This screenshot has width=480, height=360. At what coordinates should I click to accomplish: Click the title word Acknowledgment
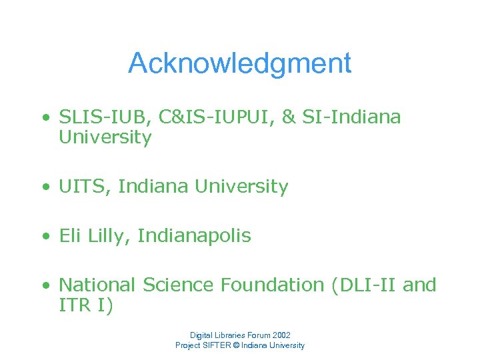(x=239, y=63)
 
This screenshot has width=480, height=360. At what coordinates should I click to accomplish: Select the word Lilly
(x=107, y=236)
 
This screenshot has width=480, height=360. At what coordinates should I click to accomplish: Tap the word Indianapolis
(x=194, y=236)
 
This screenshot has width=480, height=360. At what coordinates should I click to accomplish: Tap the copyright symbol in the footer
(x=238, y=345)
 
